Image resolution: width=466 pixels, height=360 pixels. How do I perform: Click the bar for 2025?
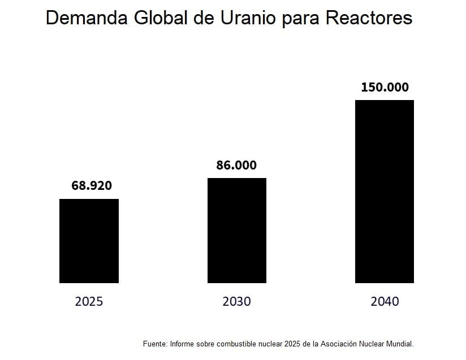click(89, 241)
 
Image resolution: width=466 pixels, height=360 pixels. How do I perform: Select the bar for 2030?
click(236, 231)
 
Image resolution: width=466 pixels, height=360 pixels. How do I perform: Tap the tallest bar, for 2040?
click(385, 192)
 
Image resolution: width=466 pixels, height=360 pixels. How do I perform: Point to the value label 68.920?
click(92, 185)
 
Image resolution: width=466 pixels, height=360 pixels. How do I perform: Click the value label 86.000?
click(236, 165)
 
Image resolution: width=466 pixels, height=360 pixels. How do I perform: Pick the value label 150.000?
click(385, 88)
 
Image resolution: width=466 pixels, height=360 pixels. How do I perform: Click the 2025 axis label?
click(89, 301)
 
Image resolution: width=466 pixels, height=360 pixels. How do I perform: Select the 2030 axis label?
click(236, 301)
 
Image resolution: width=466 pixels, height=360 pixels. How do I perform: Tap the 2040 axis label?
click(385, 301)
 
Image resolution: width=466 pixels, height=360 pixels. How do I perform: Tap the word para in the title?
click(304, 19)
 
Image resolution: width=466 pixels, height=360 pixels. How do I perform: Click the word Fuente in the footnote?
click(154, 344)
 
